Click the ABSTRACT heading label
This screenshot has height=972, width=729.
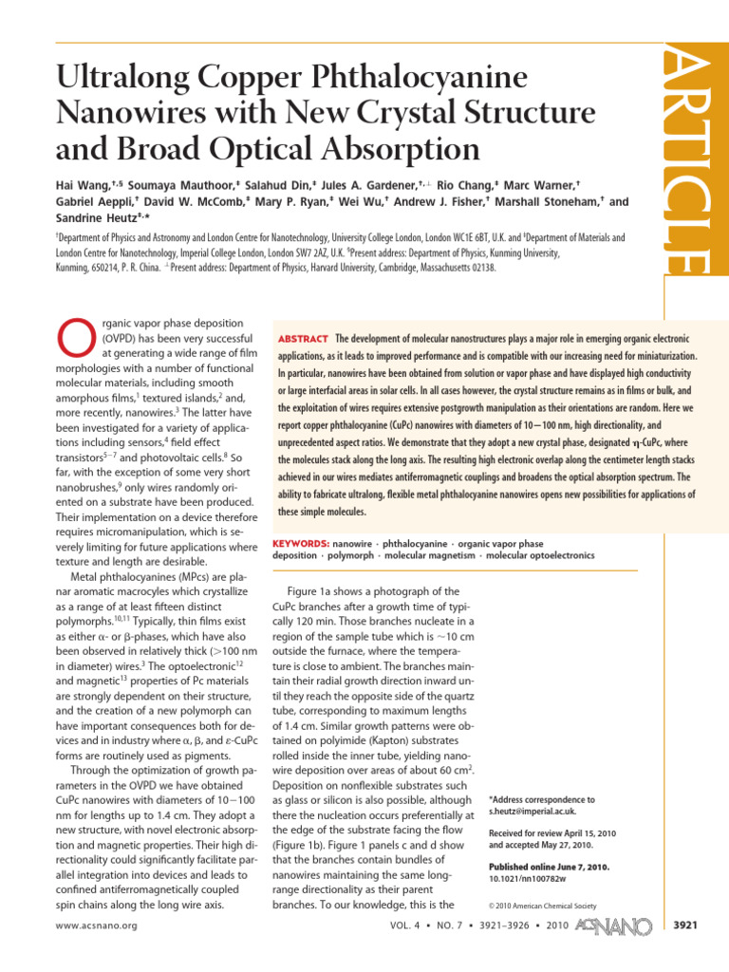[x=302, y=339]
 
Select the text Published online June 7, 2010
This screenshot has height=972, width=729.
[x=549, y=867]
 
